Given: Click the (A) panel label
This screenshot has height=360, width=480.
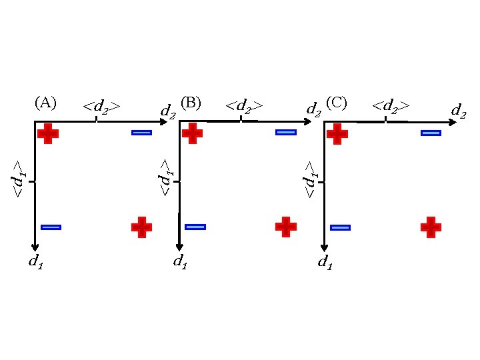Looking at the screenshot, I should (x=45, y=103).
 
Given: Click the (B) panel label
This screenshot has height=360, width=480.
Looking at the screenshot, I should (x=191, y=103).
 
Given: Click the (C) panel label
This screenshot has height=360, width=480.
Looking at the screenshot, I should (x=337, y=103).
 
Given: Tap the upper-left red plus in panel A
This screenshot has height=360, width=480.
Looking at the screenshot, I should (x=48, y=133).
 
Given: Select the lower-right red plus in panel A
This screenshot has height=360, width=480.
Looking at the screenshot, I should (x=141, y=227).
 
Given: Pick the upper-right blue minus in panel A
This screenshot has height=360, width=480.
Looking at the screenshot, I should (x=141, y=133).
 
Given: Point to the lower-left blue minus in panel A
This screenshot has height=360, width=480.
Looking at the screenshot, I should (x=51, y=227).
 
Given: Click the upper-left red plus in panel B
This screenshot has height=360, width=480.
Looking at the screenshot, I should (x=192, y=133).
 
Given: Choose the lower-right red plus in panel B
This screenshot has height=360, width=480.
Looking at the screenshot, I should (x=286, y=227).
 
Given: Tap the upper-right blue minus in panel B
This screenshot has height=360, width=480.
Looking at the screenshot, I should (x=285, y=132).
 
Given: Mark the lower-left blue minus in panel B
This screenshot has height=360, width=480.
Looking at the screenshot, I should (x=195, y=227).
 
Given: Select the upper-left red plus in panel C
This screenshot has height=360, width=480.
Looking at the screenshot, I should (x=337, y=133).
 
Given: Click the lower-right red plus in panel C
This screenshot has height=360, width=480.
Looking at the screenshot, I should (x=431, y=227).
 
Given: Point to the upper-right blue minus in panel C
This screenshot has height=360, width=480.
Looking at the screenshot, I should (x=431, y=133).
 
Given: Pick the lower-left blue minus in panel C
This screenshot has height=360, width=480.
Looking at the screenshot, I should (x=340, y=228).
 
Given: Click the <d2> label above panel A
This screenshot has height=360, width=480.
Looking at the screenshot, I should (x=101, y=106).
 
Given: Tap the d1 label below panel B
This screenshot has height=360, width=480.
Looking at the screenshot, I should (x=180, y=262).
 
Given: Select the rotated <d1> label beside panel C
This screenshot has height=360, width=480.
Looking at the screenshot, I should (x=309, y=179).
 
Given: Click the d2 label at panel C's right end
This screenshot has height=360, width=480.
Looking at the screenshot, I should (x=459, y=110).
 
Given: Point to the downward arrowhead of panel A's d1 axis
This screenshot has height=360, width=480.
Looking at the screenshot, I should (x=35, y=246).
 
